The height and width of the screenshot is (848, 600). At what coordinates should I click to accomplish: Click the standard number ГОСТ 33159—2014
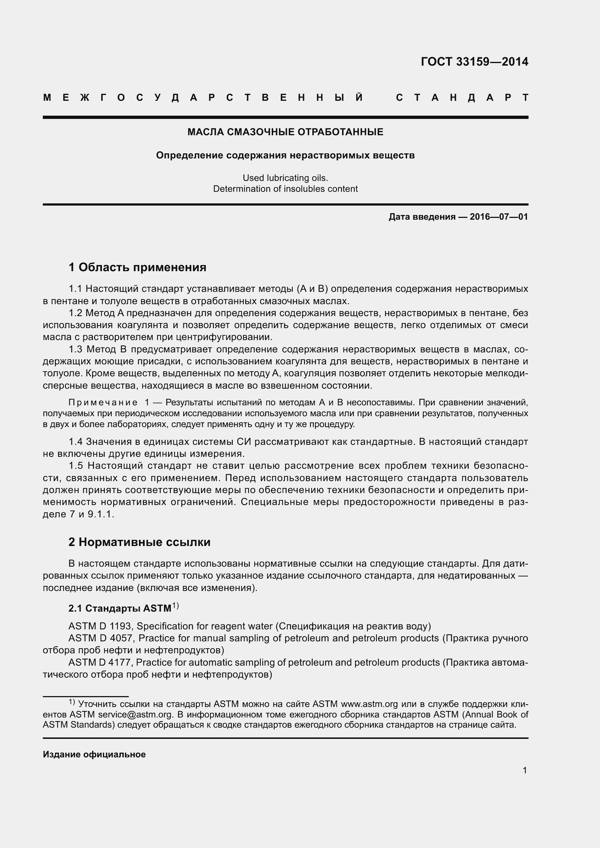(x=474, y=62)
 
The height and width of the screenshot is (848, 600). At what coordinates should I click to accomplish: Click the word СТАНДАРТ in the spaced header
(x=462, y=98)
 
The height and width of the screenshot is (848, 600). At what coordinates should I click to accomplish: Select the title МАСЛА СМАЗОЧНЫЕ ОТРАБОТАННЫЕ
(x=285, y=132)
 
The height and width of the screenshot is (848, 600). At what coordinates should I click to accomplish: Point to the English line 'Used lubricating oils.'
(x=285, y=178)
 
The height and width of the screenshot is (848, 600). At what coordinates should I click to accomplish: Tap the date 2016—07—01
(x=499, y=217)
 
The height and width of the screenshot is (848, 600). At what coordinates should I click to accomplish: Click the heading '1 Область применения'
(x=137, y=267)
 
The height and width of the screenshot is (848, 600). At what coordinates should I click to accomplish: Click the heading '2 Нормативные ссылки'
(x=139, y=542)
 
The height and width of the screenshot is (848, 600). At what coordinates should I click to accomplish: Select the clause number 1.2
(x=75, y=313)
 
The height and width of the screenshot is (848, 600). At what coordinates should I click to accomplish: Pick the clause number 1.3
(x=75, y=349)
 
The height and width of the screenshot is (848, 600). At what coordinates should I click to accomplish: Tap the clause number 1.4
(x=75, y=442)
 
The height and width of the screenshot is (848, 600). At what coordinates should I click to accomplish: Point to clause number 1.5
(x=75, y=466)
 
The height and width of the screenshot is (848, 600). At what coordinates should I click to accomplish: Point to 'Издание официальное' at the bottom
(x=94, y=754)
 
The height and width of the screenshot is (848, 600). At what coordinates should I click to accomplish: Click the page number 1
(x=525, y=770)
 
